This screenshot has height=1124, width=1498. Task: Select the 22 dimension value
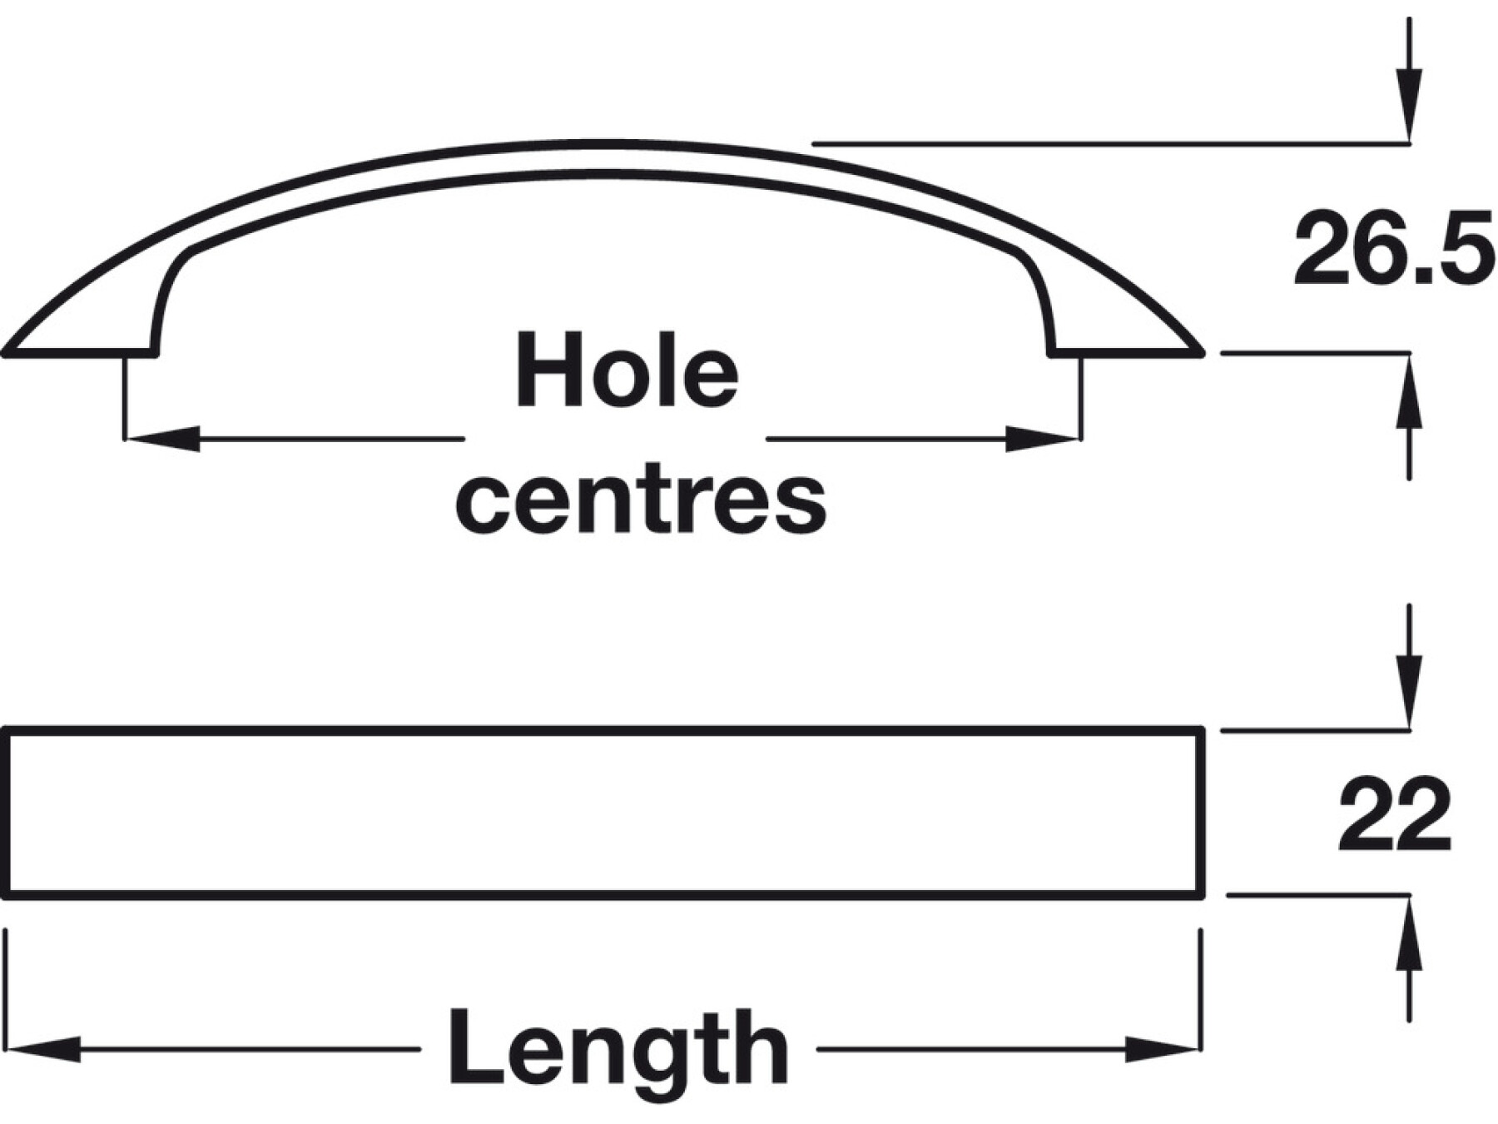pyautogui.click(x=1395, y=815)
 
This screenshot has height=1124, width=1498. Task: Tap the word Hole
pyautogui.click(x=627, y=371)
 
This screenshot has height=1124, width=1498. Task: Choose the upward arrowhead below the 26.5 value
pyautogui.click(x=1408, y=391)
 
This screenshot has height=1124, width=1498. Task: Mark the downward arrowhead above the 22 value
pyautogui.click(x=1408, y=691)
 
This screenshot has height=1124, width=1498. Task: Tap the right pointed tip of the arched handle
pyautogui.click(x=1200, y=353)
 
